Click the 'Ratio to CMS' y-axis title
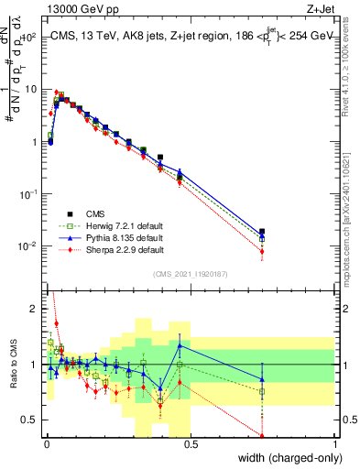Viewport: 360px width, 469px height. click(12, 365)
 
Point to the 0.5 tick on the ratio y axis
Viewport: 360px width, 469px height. click(30, 420)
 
